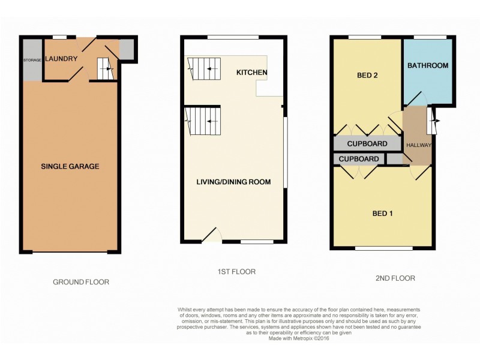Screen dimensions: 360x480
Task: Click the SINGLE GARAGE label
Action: [x=70, y=166]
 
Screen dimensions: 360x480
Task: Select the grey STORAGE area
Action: [x=32, y=60]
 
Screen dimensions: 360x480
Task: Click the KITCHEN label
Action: [x=251, y=73]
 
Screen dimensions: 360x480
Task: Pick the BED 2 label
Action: [x=366, y=76]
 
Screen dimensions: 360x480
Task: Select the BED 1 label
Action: [x=382, y=214]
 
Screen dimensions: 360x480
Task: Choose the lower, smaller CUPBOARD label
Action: [x=359, y=159]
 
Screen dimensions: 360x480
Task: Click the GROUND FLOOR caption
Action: [x=81, y=281]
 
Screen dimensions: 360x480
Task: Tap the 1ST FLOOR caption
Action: [x=236, y=272]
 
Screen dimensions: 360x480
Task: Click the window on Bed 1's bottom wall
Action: [x=383, y=248]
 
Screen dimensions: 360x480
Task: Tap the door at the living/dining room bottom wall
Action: [x=212, y=235]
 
